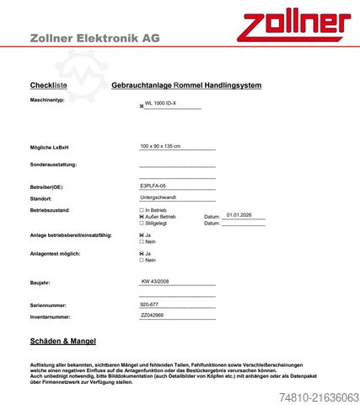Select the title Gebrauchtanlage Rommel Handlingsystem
[x=186, y=85]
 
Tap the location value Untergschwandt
[x=160, y=197]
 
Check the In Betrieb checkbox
[x=141, y=209]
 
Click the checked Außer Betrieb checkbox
[x=141, y=216]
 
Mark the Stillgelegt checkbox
[x=141, y=223]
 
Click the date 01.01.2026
[x=241, y=215]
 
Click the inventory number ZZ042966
[x=153, y=315]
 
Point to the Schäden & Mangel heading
[x=62, y=341]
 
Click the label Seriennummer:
[x=49, y=305]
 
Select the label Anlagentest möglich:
[x=55, y=253]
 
